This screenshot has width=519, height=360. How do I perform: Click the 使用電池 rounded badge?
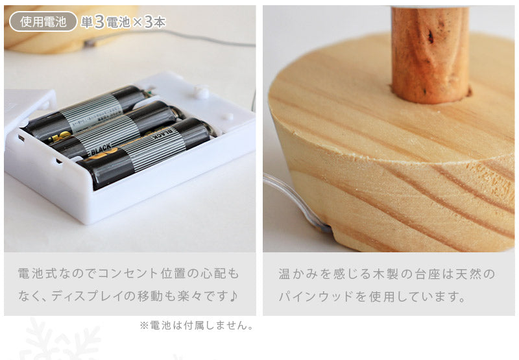[43, 21]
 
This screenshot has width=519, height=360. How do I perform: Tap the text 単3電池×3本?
[123, 22]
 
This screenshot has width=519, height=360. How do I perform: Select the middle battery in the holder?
[114, 130]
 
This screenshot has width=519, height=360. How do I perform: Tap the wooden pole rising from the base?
[430, 54]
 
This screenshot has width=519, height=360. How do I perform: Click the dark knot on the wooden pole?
[430, 36]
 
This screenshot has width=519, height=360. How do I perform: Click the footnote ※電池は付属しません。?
[197, 325]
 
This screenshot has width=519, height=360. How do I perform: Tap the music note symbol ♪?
[234, 296]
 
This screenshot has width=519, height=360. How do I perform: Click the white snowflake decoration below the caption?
[60, 339]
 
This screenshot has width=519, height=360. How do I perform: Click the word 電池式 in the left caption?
[37, 274]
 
